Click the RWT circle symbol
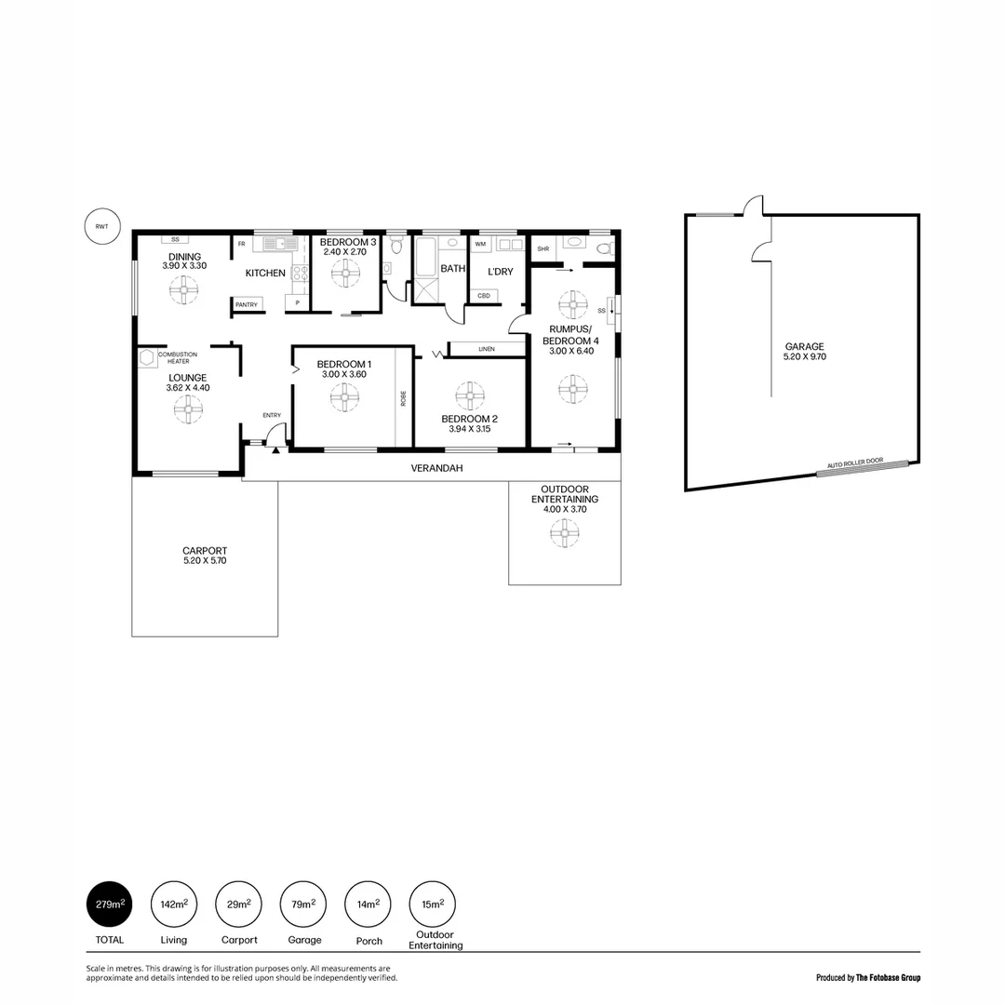101,226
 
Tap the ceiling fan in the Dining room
183,291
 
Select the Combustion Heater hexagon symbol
146,358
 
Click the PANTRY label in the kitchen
247,304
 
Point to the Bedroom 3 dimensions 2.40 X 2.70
348,252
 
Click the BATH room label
453,268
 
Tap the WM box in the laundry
480,245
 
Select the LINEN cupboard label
487,349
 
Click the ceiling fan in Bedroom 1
343,398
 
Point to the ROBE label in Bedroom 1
403,398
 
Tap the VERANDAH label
436,468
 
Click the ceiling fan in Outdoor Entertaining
564,533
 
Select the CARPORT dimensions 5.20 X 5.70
205,561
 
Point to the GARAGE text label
804,346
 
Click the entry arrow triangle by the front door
277,449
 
